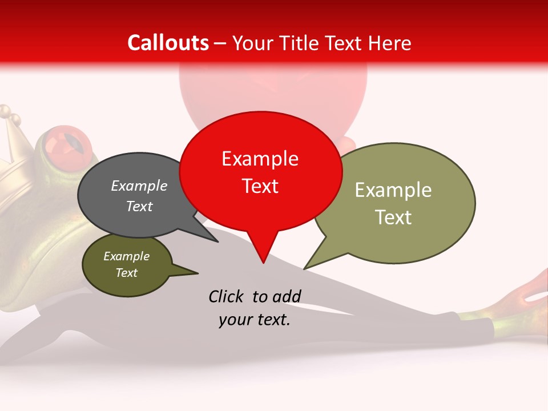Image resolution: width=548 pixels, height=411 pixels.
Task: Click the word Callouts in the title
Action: pyautogui.click(x=168, y=43)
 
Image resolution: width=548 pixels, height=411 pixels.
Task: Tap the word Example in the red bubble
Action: pyautogui.click(x=260, y=159)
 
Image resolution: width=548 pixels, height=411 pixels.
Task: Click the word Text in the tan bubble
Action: pyautogui.click(x=393, y=217)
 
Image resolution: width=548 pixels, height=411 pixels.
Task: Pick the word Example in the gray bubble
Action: pyautogui.click(x=139, y=186)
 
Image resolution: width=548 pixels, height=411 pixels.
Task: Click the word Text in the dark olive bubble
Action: pyautogui.click(x=126, y=273)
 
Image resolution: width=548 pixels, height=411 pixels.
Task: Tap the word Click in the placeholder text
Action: pyautogui.click(x=227, y=296)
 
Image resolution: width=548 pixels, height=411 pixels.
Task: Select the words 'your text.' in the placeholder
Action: pyautogui.click(x=254, y=320)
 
